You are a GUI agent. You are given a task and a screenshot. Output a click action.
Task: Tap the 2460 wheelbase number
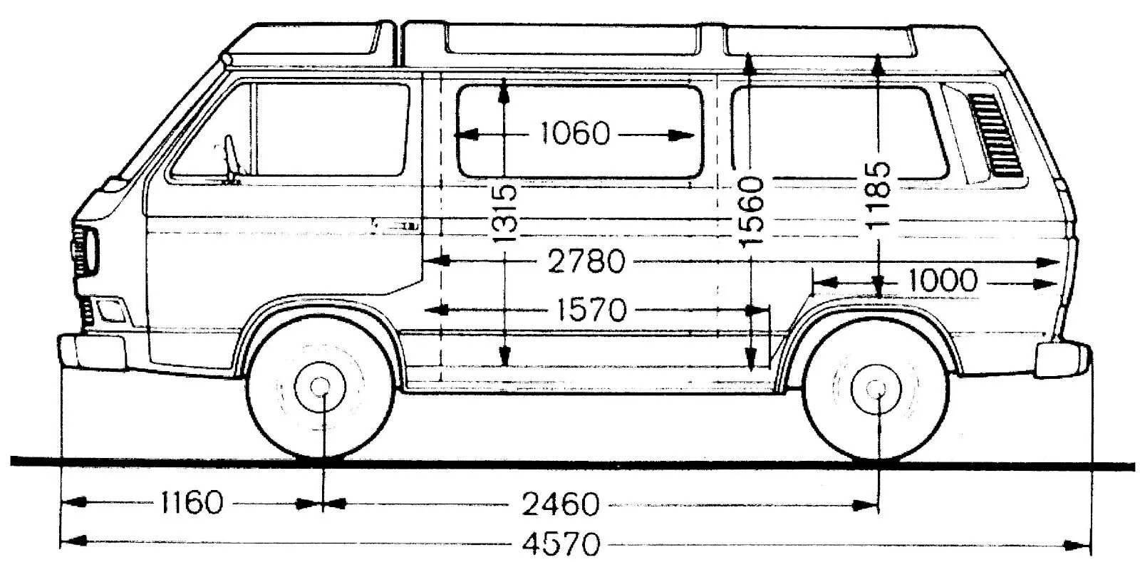(x=560, y=504)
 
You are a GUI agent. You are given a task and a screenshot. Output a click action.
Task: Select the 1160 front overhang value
(x=190, y=503)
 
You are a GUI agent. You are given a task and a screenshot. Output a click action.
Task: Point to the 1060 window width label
(x=575, y=133)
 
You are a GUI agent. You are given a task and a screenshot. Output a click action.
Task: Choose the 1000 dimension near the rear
(x=943, y=281)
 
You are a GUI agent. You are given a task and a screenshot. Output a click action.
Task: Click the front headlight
(x=84, y=250)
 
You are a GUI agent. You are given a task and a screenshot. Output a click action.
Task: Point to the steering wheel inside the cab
(x=229, y=157)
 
